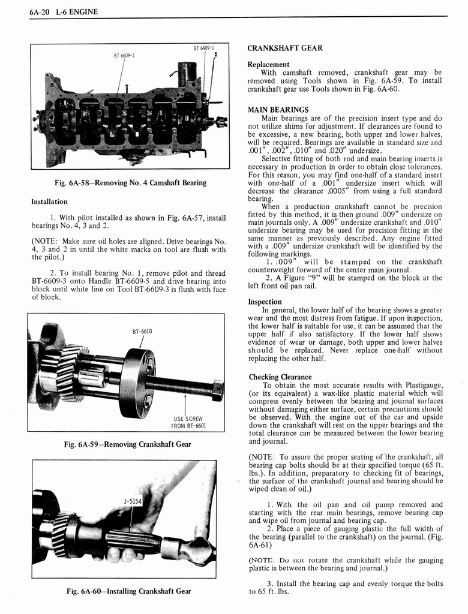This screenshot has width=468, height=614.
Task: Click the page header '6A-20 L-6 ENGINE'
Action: point(63,11)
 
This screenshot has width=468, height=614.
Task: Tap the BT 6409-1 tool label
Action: point(203,47)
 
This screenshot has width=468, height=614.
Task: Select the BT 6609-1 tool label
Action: point(124,56)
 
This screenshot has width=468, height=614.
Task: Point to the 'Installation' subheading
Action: point(49,201)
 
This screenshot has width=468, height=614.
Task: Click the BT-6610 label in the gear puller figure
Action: point(142,331)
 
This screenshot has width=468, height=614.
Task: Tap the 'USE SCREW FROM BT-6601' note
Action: point(188,423)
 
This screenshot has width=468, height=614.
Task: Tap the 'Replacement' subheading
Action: point(268,64)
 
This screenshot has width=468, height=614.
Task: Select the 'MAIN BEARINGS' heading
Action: point(278,110)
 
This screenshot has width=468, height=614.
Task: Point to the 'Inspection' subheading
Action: point(265,302)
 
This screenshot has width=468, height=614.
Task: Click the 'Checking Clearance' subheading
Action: point(280,377)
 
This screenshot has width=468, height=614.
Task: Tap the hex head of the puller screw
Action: point(218,390)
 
